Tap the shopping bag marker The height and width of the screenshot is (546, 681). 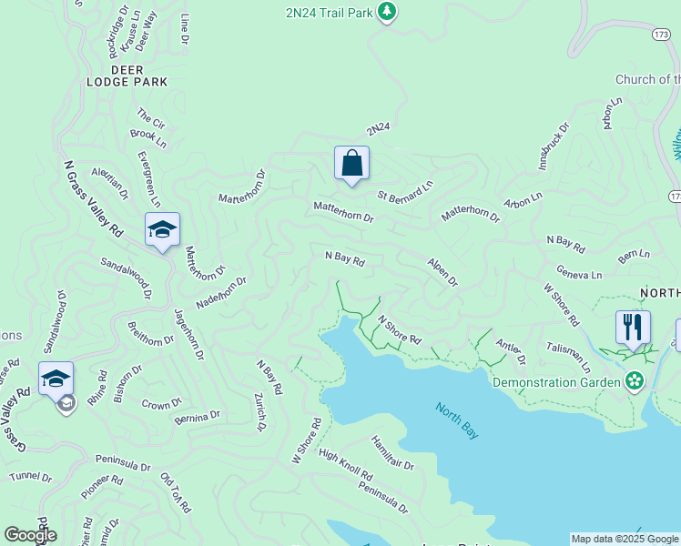click(x=351, y=164)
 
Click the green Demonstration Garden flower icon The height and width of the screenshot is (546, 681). click(x=635, y=380)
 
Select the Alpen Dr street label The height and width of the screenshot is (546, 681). click(x=442, y=271)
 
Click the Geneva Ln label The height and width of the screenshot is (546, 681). click(x=579, y=275)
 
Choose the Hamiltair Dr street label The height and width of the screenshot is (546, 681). click(x=392, y=452)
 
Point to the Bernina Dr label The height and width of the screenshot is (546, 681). click(x=196, y=416)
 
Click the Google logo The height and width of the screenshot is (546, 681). click(x=30, y=535)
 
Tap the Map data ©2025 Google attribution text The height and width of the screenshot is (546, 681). click(x=625, y=539)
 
